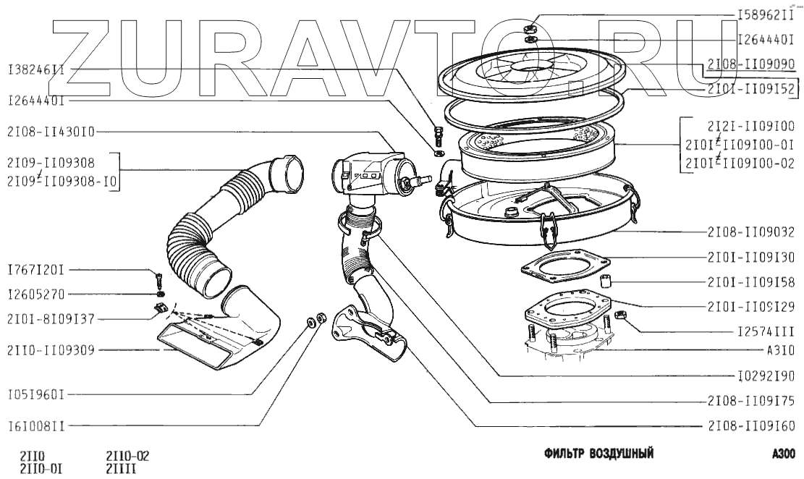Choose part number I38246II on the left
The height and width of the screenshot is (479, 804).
click(36, 71)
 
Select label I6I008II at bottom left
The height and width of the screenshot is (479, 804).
click(36, 427)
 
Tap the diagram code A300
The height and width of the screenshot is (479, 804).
click(783, 454)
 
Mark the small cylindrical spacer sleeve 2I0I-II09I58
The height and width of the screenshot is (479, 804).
click(606, 281)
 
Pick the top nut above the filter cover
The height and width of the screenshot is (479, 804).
click(530, 27)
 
